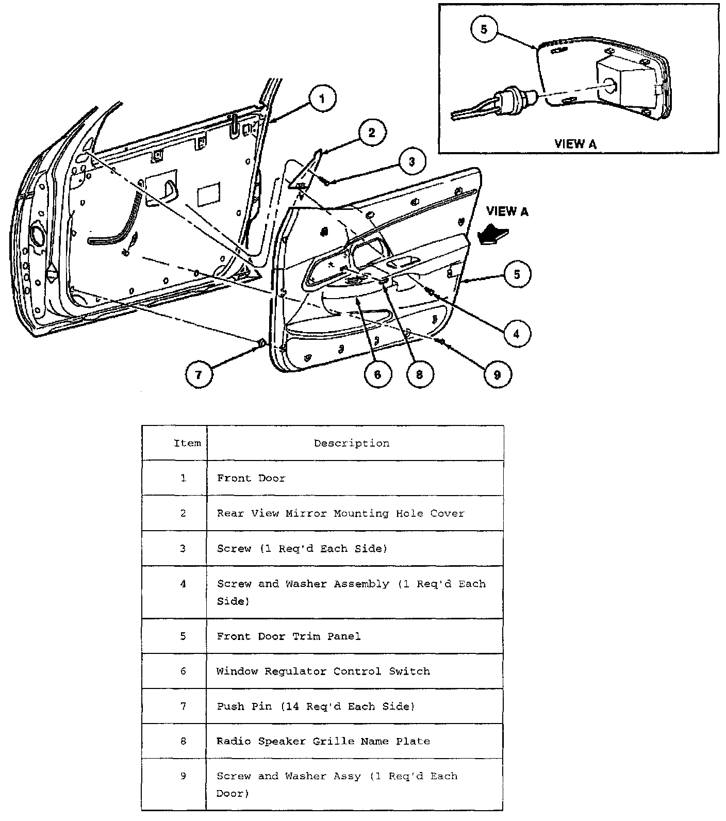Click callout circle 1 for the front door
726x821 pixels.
[322, 98]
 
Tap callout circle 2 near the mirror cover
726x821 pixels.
[372, 133]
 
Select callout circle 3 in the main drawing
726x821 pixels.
[411, 162]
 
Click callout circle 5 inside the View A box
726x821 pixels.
[484, 29]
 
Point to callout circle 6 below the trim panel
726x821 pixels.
[377, 374]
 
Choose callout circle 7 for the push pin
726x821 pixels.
[199, 374]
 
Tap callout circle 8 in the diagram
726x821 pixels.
[419, 374]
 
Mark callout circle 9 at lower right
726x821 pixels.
[497, 374]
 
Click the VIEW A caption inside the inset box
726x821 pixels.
[575, 144]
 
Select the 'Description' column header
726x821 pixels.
[352, 444]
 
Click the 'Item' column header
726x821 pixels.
[187, 444]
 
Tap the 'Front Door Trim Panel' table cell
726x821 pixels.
[289, 636]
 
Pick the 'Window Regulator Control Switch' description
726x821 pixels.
[323, 671]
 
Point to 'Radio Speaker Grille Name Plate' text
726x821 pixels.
[323, 741]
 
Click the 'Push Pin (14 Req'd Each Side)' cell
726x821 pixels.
[316, 707]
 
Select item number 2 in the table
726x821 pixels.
[183, 513]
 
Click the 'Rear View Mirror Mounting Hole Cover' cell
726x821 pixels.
[340, 514]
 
